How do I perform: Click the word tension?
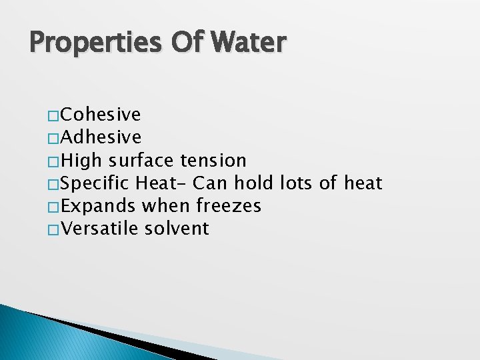point(213,161)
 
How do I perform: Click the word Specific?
point(99,183)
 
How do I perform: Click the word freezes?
point(229,206)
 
